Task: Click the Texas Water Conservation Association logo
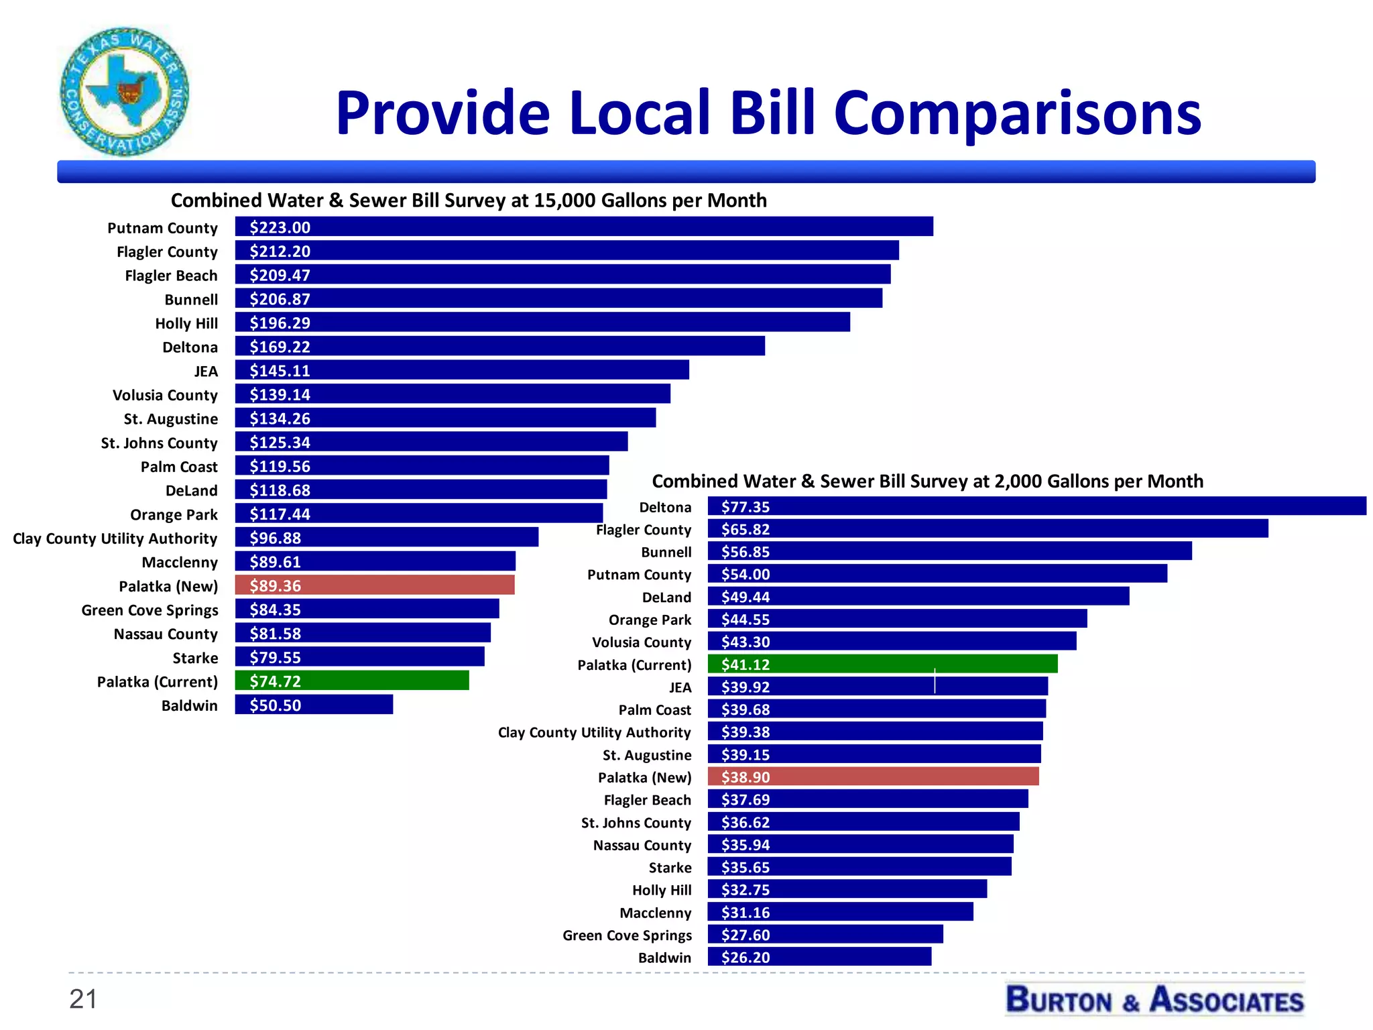pyautogui.click(x=125, y=92)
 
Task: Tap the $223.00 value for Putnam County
pyautogui.click(x=280, y=227)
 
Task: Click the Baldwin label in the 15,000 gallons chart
pyautogui.click(x=189, y=705)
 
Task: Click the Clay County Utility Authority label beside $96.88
pyautogui.click(x=115, y=538)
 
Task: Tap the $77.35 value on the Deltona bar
pyautogui.click(x=745, y=507)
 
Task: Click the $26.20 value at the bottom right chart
pyautogui.click(x=745, y=958)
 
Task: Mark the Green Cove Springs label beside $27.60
pyautogui.click(x=627, y=935)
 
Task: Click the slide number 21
pyautogui.click(x=83, y=999)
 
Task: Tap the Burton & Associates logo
pyautogui.click(x=1154, y=1000)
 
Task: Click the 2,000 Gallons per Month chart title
pyautogui.click(x=927, y=481)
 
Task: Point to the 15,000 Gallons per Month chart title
pyautogui.click(x=469, y=201)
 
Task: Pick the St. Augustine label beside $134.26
pyautogui.click(x=170, y=419)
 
